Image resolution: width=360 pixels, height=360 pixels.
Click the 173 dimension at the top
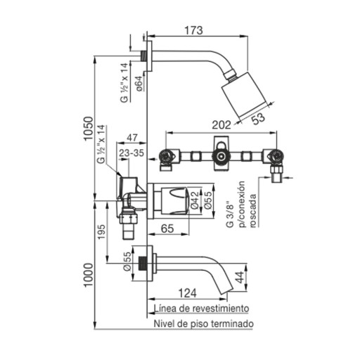(193, 30)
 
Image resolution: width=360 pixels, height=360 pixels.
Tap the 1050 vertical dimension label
(89, 129)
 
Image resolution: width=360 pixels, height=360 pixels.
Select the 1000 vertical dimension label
(89, 275)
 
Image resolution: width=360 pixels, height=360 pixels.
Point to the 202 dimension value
(221, 125)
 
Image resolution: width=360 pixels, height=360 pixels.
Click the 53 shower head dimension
(258, 118)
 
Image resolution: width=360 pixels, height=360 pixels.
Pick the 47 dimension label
(132, 138)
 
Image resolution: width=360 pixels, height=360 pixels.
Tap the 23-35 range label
(131, 153)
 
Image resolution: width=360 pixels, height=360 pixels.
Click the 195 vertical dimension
(102, 232)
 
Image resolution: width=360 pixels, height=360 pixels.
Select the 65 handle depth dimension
(167, 229)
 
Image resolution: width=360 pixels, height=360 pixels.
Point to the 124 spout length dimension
(188, 293)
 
